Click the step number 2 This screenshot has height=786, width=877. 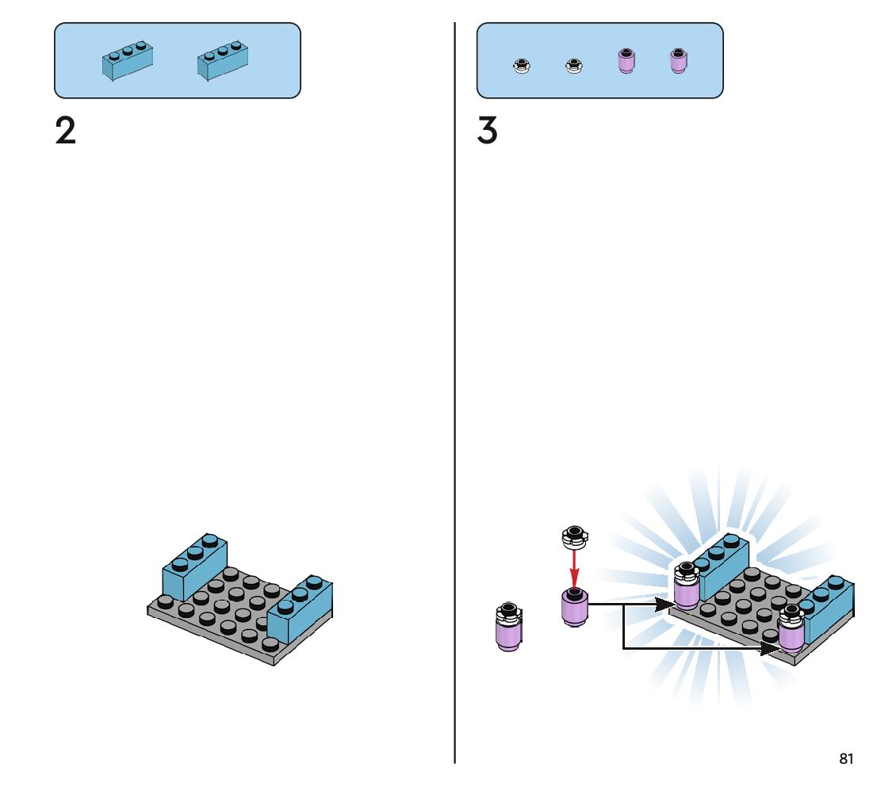point(66,131)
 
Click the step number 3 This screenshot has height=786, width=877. point(487,131)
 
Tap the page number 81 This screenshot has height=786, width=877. point(846,758)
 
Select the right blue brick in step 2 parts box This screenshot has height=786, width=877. point(223,60)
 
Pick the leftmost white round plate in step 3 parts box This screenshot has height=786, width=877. point(522,66)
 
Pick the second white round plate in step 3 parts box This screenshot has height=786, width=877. point(574,66)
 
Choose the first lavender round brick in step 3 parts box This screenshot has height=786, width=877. point(626,61)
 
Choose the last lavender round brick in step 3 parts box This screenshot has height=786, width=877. point(679,61)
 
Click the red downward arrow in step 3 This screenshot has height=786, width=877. point(574,569)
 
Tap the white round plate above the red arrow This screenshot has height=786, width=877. point(574,537)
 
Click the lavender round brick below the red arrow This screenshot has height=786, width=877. point(574,607)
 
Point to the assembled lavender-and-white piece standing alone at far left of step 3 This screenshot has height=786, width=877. point(508,627)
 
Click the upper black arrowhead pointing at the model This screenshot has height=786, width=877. point(665,605)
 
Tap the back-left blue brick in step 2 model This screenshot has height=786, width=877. point(194,567)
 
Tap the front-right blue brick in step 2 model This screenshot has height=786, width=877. point(300,609)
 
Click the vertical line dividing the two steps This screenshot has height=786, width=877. point(454,392)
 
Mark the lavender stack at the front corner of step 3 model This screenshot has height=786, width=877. point(791,628)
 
